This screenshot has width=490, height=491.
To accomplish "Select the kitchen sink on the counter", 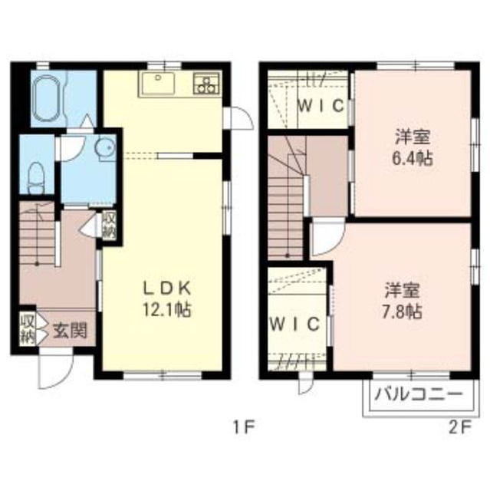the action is (158, 84).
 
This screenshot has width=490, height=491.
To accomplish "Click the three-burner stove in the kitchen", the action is (206, 84).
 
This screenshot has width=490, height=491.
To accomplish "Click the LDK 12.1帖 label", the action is (167, 298).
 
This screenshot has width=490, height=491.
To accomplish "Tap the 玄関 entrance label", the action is (70, 331).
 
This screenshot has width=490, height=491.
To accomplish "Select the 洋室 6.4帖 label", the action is (413, 147).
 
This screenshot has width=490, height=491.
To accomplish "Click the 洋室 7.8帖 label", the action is (402, 300).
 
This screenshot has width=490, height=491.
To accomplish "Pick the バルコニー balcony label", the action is (419, 394).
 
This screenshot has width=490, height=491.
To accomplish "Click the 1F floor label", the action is (244, 427).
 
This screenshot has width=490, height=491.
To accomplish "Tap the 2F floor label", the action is (459, 427).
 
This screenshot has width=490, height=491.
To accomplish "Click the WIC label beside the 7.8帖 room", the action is (294, 324).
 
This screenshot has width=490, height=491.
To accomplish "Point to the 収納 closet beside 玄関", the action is (28, 328).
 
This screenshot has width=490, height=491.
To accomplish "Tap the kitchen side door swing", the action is (238, 117).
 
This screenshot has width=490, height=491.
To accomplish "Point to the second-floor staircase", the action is (286, 197).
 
